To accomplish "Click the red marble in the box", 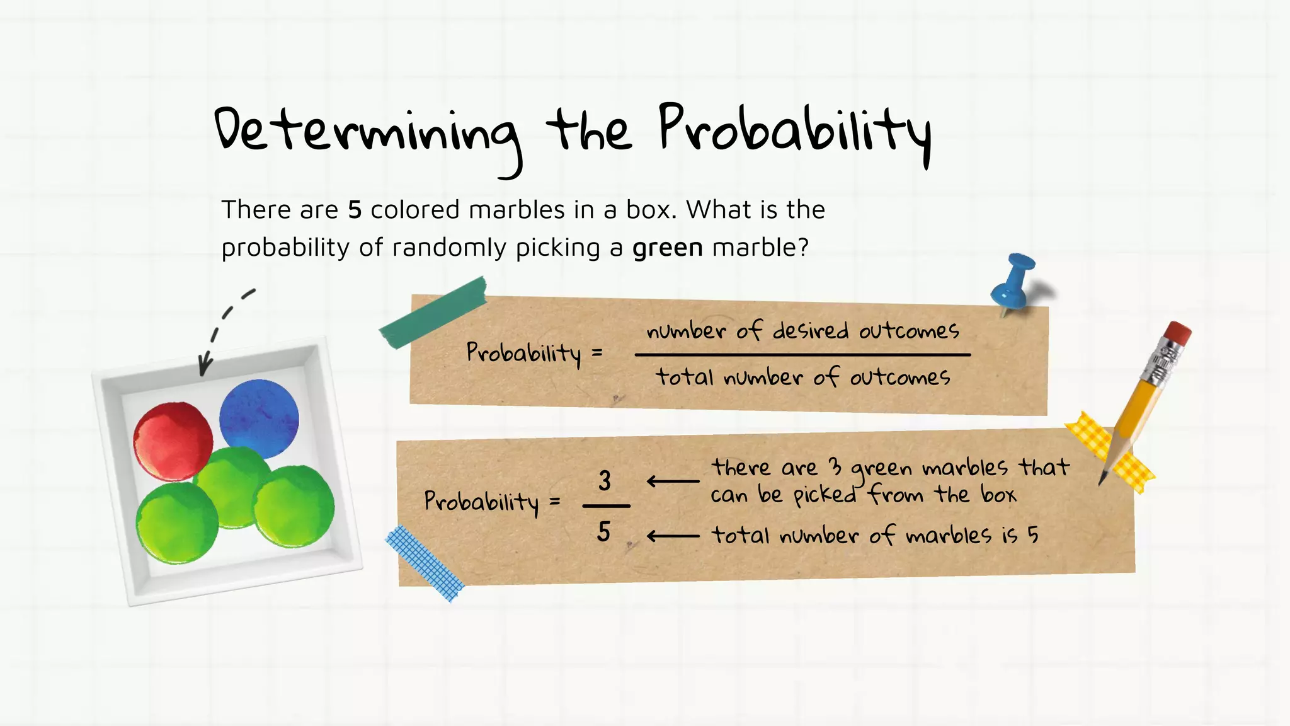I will [x=173, y=441].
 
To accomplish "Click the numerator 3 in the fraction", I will [x=605, y=481].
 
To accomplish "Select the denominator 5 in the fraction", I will [x=603, y=532].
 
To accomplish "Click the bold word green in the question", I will [x=667, y=248].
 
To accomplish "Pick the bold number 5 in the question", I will [x=355, y=210].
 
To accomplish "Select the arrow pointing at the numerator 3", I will [x=673, y=481].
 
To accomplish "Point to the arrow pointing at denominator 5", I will [x=673, y=536].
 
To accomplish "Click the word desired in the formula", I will [x=810, y=330].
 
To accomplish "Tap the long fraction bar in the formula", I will [x=802, y=355].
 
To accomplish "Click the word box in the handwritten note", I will [x=998, y=494].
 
